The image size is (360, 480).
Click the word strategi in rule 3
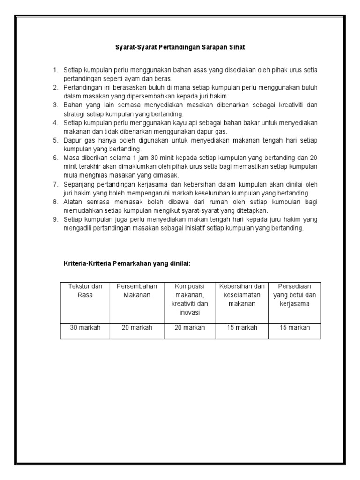point(75,113)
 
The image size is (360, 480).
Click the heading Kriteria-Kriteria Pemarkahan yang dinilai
point(127,263)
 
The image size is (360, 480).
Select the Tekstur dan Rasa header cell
point(85,291)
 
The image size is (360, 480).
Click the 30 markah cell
point(85,328)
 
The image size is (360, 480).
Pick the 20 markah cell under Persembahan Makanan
point(137,328)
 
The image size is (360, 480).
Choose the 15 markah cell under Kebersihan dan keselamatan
point(242,328)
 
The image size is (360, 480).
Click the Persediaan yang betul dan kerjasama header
point(295,295)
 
